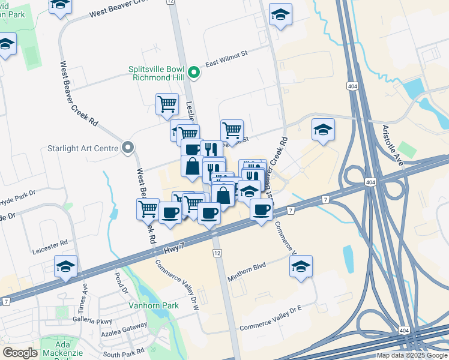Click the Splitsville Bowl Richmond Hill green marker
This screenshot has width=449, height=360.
(x=193, y=73)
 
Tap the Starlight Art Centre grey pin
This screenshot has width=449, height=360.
(x=128, y=148)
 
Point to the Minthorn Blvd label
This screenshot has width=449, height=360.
(x=247, y=272)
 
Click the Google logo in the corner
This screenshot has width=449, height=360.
(x=20, y=353)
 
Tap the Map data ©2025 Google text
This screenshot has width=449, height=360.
(x=411, y=355)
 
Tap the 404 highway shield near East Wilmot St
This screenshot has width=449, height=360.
(x=353, y=86)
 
